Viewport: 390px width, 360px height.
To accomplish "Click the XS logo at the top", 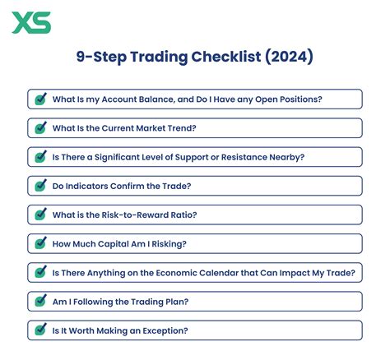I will pos(30,21).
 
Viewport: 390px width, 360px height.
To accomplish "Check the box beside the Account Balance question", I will pos(39,99).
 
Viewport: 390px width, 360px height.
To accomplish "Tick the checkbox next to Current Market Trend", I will pos(39,128).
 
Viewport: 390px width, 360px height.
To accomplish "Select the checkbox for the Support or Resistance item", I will pos(39,157).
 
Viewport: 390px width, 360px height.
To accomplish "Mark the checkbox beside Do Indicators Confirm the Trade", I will pos(39,186).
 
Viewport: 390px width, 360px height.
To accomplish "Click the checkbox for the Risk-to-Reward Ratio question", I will pos(39,215).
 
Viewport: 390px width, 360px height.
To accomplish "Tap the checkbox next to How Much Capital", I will pos(39,243).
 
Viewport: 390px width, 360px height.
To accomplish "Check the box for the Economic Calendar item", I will pos(39,272).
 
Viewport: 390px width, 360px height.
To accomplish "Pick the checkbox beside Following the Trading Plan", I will pos(39,302).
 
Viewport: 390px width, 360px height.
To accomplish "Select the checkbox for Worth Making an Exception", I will pos(39,330).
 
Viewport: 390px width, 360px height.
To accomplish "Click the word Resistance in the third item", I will pos(246,157).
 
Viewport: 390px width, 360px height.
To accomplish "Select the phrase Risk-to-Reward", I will pos(132,215).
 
